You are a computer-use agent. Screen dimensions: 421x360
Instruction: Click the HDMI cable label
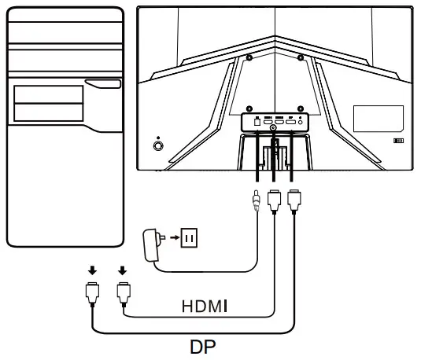coord(205,306)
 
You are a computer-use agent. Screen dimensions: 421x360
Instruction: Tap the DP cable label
coord(203,347)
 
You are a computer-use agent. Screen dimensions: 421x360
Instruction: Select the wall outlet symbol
coord(190,237)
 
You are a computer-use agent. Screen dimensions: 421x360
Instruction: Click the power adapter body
coord(151,244)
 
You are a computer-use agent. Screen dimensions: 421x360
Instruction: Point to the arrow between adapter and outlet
coord(175,237)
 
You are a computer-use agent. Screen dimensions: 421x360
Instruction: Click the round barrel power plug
coord(257,200)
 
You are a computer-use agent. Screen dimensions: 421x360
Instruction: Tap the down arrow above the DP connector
coord(92,270)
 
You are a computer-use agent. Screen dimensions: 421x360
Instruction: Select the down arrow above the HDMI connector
coord(123,270)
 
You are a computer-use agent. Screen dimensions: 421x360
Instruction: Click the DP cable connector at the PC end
coord(92,294)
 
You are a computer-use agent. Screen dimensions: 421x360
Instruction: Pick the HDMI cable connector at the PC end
coord(124,294)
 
